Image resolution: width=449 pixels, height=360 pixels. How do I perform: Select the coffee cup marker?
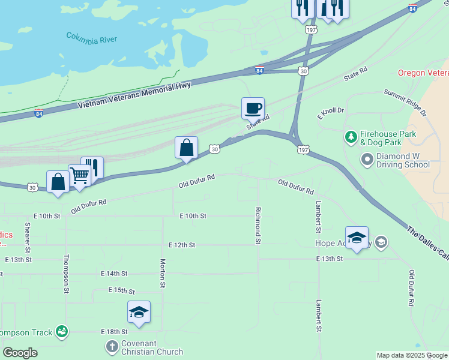click(x=253, y=108)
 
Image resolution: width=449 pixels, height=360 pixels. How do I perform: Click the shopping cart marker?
click(x=79, y=175)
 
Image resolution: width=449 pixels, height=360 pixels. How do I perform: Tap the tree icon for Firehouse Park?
click(x=351, y=137)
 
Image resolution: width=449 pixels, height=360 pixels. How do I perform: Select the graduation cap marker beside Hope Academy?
click(x=357, y=237)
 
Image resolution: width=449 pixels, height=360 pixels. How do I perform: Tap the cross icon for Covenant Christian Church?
click(x=112, y=346)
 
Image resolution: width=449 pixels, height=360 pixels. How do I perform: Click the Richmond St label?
click(x=258, y=226)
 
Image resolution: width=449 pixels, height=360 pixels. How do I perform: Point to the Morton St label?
click(x=163, y=273)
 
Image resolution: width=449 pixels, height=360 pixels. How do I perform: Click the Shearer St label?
click(x=28, y=237)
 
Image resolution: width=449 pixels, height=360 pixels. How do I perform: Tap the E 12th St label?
click(x=182, y=245)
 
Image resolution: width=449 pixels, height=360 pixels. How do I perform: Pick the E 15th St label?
click(x=122, y=290)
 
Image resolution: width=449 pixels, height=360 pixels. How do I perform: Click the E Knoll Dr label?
click(x=331, y=111)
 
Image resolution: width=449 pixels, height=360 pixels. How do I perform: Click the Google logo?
click(x=20, y=353)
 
